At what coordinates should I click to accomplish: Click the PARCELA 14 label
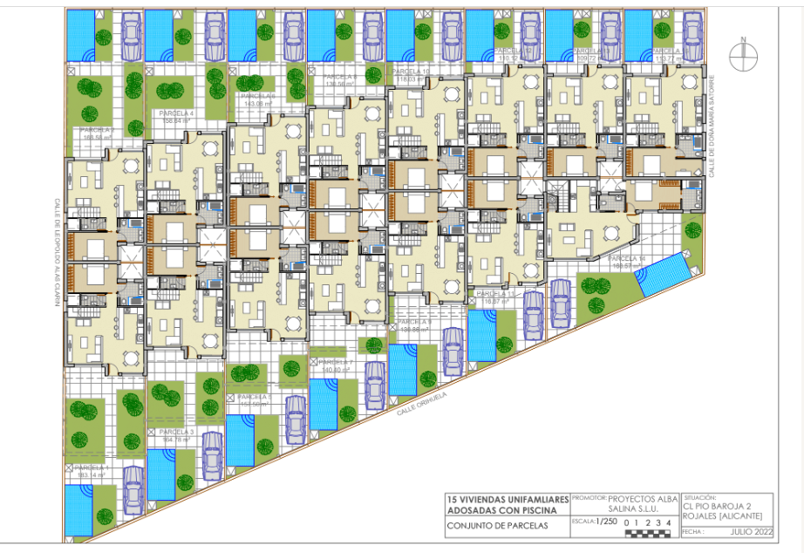coord(627,259)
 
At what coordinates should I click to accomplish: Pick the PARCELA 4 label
coord(176,114)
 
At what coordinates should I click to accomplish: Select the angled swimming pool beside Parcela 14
coord(662,275)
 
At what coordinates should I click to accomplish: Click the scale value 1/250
coord(604,522)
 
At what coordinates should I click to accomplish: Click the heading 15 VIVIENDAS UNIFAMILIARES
coord(507,498)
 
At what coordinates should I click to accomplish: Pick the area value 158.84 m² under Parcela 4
coord(176,122)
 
